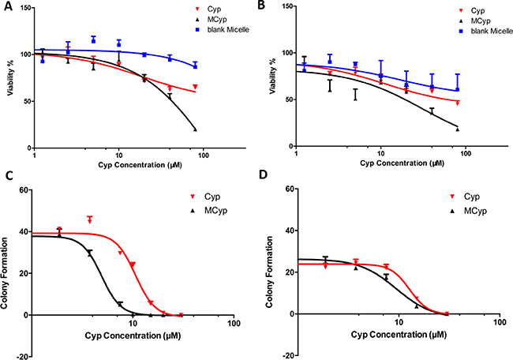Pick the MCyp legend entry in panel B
(x=438, y=24)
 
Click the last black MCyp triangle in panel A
(x=194, y=129)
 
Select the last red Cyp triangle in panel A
(x=194, y=87)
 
